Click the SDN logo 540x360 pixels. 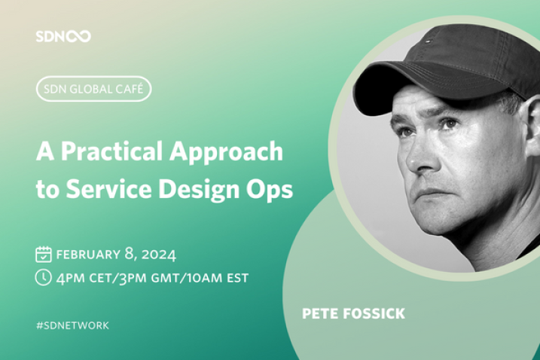(x=63, y=36)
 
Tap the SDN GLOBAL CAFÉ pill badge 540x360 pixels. (x=93, y=89)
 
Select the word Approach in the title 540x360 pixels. (x=226, y=152)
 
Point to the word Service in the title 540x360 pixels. (x=108, y=189)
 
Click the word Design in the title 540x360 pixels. (x=192, y=190)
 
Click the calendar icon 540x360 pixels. (x=44, y=255)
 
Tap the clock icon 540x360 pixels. (x=44, y=277)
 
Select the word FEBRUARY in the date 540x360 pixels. (x=88, y=255)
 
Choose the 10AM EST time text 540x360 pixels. (x=218, y=278)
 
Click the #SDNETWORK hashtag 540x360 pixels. (x=72, y=325)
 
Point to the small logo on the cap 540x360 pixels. (x=429, y=41)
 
